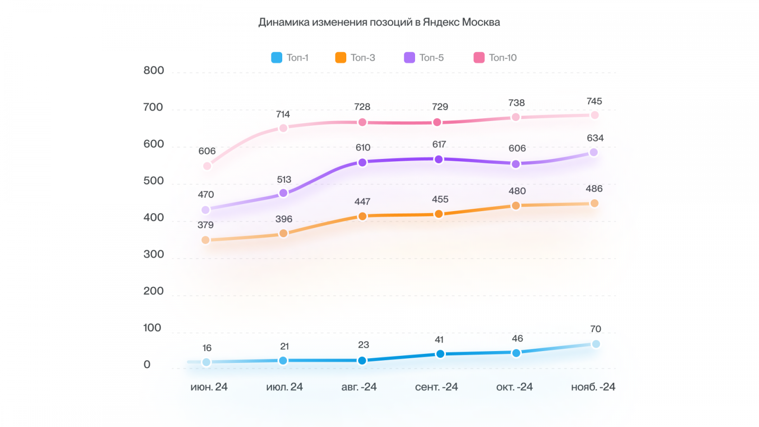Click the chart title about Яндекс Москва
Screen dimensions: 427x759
pos(379,22)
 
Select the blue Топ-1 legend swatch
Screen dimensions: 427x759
pos(277,57)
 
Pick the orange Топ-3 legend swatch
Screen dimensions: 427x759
pos(341,57)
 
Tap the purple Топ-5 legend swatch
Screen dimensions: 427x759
pos(409,57)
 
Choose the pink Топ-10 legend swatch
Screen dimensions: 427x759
pos(479,57)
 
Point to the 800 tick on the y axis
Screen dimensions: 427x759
pos(154,71)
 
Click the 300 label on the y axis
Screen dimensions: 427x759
pos(154,254)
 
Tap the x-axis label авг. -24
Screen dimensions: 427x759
pos(359,387)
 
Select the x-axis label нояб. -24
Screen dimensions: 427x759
pos(593,387)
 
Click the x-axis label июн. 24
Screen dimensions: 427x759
pos(209,387)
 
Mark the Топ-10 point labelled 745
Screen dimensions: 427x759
pos(594,115)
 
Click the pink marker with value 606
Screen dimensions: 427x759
pos(207,166)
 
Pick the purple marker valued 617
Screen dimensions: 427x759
pos(439,159)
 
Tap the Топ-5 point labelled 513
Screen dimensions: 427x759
pos(283,193)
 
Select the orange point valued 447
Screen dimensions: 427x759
pos(362,216)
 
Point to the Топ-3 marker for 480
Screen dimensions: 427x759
pos(516,205)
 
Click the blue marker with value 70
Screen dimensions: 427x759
pos(596,344)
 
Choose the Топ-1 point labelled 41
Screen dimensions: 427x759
pos(440,354)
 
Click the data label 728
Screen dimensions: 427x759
pos(362,107)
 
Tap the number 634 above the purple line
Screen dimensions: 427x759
pos(595,138)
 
